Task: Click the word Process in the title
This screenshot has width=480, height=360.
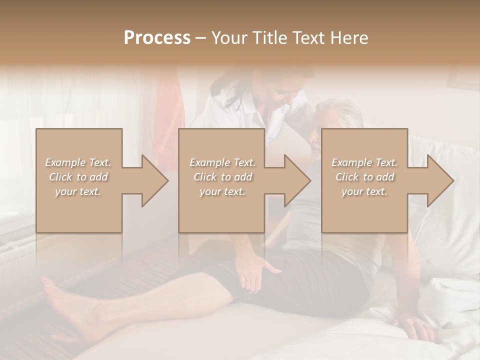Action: click(157, 37)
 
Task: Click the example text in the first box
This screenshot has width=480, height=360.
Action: click(78, 177)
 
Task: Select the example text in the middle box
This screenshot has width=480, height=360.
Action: click(222, 177)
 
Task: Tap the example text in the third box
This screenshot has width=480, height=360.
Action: click(364, 177)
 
